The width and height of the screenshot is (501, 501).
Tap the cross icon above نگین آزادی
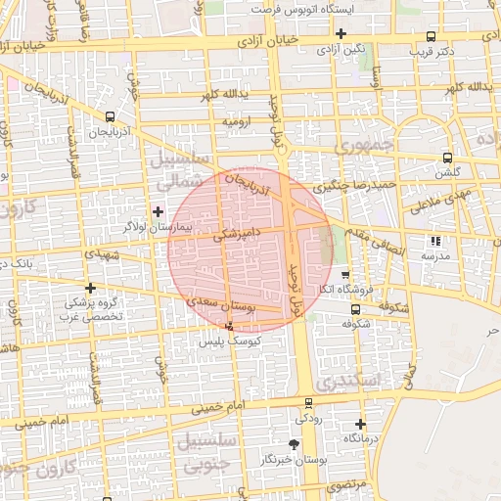click(340, 33)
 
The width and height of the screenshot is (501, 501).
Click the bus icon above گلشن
click(447, 158)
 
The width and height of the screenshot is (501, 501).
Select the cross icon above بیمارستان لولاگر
click(158, 210)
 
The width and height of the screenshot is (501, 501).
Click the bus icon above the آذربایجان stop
click(109, 116)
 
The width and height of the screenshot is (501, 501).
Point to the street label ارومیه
click(239, 121)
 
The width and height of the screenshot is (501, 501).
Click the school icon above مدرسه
click(435, 240)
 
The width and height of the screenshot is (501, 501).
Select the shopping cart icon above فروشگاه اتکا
click(344, 274)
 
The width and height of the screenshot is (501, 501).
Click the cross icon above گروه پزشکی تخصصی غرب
click(91, 288)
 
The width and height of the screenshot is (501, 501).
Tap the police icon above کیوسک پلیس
click(229, 326)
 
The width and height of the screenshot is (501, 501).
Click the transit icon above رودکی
click(309, 402)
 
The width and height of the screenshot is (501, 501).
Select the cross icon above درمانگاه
click(360, 425)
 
